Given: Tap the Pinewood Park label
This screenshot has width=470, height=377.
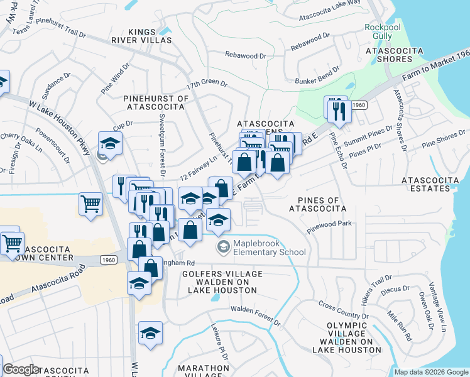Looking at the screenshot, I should tap(329, 227).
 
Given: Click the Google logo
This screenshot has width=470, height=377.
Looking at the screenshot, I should tap(21, 369).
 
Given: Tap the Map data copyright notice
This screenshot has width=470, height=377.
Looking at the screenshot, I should tap(431, 372).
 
